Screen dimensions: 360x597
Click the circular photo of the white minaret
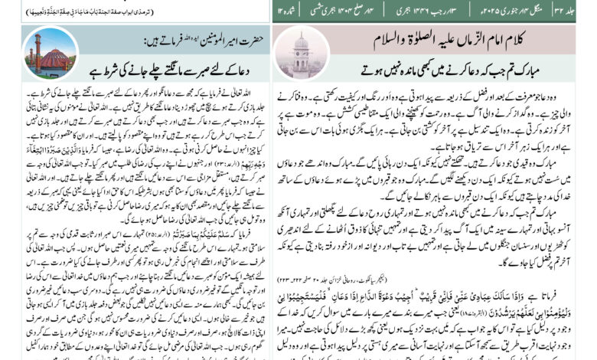300,53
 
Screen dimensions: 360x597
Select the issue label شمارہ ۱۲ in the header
285,11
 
